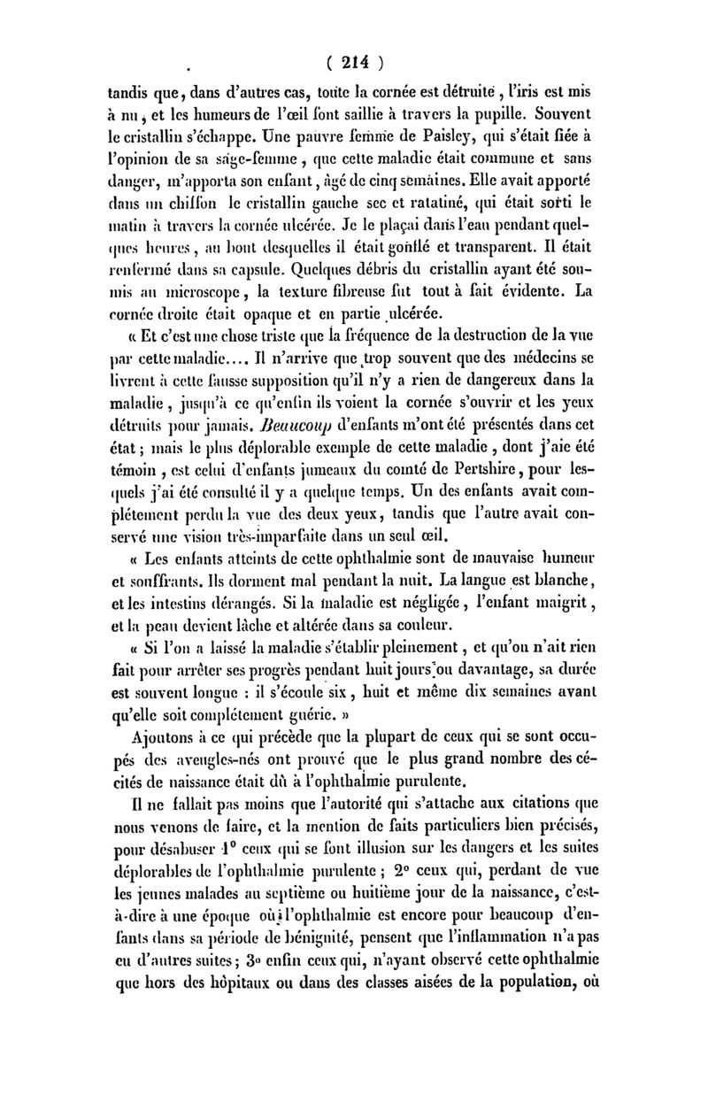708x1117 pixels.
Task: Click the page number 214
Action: coord(354,62)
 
